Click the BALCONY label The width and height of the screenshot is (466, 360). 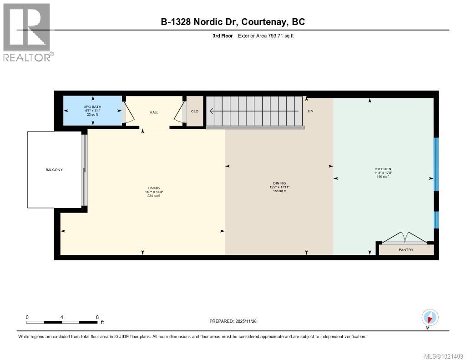54,170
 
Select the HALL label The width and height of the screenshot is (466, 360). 154,112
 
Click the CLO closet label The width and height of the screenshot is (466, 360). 195,111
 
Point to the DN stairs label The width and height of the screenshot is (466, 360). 310,111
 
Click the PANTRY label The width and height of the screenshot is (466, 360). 406,250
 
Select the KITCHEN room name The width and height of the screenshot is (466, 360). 383,169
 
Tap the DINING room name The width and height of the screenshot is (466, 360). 279,183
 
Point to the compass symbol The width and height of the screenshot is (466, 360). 430,317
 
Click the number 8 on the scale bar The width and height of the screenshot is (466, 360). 97,317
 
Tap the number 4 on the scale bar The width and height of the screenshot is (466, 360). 62,317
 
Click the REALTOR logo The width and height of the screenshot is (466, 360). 27,32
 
